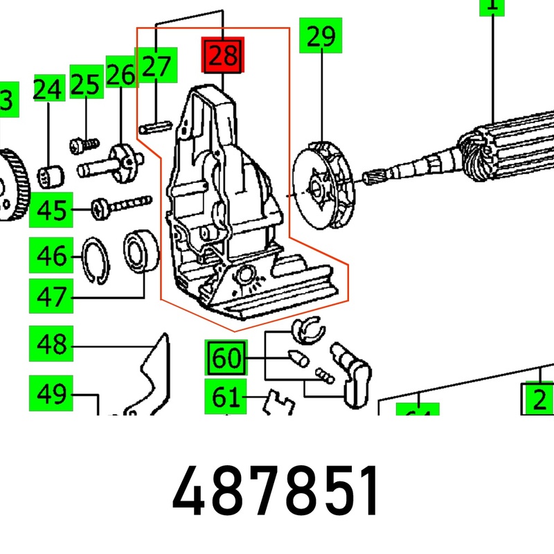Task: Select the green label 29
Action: [321, 37]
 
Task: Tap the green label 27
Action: [157, 66]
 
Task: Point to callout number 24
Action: [48, 90]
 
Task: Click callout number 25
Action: [87, 85]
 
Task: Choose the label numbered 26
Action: [121, 73]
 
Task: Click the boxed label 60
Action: [226, 358]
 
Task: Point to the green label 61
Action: [226, 399]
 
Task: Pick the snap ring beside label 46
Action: [96, 259]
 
